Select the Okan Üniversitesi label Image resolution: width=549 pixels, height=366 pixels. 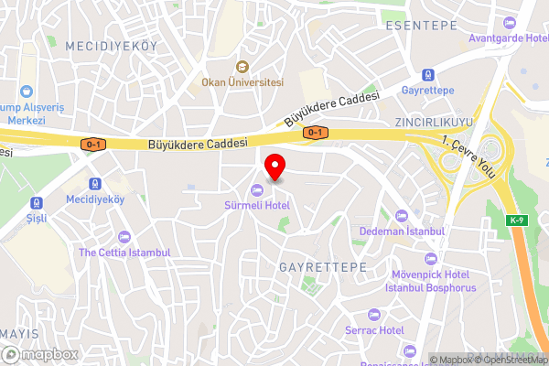(243, 81)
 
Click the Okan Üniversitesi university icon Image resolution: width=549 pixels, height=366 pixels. (243, 66)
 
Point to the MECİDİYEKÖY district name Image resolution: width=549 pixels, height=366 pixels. (112, 45)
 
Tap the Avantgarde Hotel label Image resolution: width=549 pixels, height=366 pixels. (507, 38)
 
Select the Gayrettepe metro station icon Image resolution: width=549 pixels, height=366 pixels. (427, 75)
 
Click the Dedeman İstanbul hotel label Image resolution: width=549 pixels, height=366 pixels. (402, 231)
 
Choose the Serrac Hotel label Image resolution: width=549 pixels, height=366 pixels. (374, 329)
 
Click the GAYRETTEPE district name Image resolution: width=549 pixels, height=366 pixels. (321, 265)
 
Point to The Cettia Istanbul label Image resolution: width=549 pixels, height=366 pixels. (124, 252)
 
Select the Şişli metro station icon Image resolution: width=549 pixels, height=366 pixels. (36, 202)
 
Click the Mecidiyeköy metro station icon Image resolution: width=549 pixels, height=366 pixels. (95, 183)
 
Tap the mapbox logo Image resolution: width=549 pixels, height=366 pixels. (40, 353)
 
